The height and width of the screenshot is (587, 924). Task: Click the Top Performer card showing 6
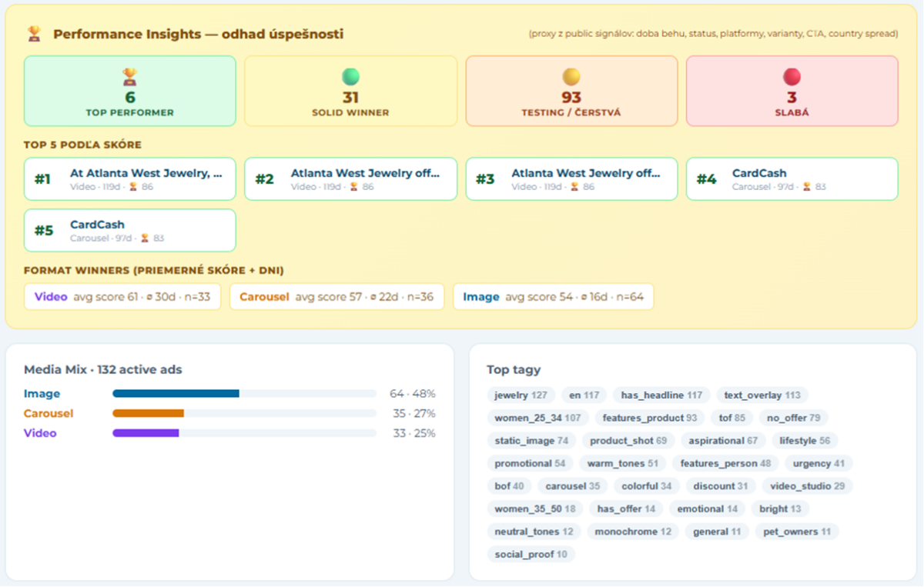pos(130,91)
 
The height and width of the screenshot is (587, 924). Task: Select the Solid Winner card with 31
pos(350,91)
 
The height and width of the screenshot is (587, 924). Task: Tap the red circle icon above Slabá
pos(792,77)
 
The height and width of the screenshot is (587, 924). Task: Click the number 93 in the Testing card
pos(571,98)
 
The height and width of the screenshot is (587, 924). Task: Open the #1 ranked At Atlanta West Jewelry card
pos(130,179)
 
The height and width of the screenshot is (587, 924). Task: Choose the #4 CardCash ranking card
pos(792,179)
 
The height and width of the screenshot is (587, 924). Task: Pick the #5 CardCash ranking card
pos(130,231)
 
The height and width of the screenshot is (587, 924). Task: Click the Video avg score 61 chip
pos(122,297)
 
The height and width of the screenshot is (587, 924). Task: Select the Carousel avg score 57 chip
pos(336,297)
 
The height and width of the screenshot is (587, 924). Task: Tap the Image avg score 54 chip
pos(553,297)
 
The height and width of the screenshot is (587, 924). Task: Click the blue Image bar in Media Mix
pos(176,394)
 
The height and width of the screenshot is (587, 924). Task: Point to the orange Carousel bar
pos(148,413)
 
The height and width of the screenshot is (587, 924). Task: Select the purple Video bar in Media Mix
pos(146,433)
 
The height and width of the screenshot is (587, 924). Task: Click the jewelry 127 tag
pos(521,395)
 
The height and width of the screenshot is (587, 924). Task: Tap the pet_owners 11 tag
pos(797,532)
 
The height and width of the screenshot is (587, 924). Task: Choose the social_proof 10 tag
pos(531,555)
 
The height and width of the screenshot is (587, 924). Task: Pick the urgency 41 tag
pos(819,464)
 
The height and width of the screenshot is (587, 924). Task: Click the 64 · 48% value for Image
pos(413,394)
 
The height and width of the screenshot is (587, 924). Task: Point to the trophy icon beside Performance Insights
pos(34,34)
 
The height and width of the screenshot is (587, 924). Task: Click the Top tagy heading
pos(514,370)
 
